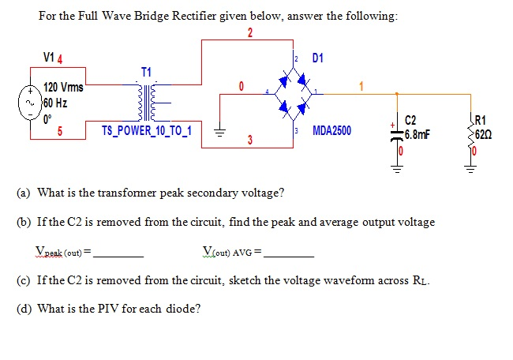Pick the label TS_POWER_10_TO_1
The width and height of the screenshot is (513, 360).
click(x=151, y=129)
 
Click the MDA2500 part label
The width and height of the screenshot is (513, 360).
click(x=332, y=130)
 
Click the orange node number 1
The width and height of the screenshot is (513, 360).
click(x=362, y=86)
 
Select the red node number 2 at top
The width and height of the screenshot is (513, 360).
click(x=250, y=32)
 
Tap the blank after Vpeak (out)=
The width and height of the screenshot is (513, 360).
click(x=118, y=256)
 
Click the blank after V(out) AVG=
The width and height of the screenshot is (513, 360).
click(x=289, y=256)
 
